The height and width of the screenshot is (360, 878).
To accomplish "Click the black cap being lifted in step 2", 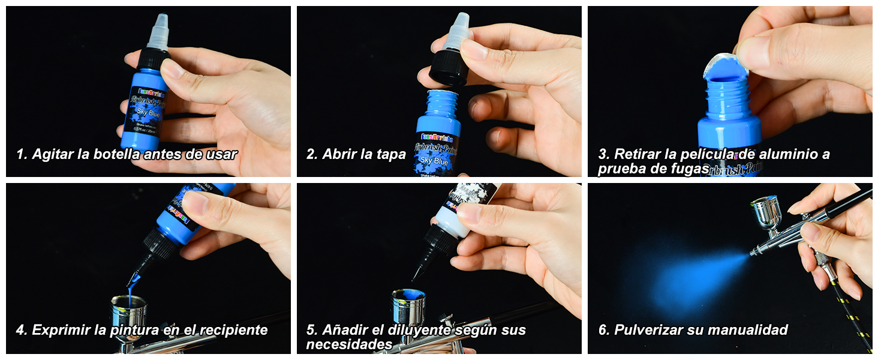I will click(x=449, y=67).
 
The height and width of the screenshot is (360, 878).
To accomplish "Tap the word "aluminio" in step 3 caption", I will click(x=792, y=154).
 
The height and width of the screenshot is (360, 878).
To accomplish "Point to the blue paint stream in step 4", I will click(x=133, y=282).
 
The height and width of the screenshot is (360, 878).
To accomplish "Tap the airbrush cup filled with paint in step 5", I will click(x=408, y=306).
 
